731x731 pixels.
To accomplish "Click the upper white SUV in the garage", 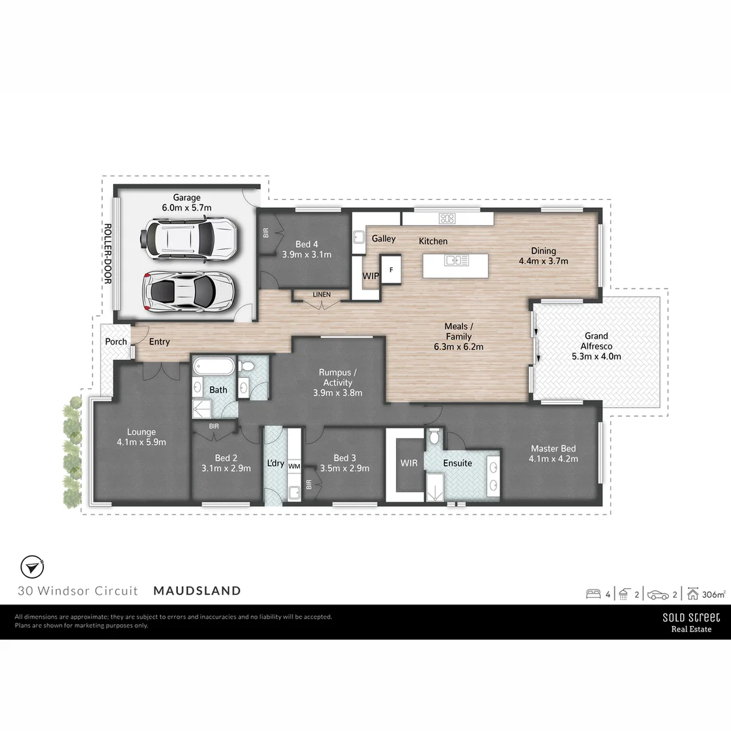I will tap(187, 238).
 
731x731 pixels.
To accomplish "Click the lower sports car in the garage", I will tap(187, 291).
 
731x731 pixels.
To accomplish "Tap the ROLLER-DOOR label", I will tap(107, 253).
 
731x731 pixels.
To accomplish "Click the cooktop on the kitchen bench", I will tap(447, 218).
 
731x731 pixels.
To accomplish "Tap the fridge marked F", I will tap(390, 269).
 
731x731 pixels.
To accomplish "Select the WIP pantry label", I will tap(370, 276).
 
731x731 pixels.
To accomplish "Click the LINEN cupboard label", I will tap(322, 294).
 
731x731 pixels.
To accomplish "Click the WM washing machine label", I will tap(294, 466).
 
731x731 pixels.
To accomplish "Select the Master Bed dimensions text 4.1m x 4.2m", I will tap(554, 459).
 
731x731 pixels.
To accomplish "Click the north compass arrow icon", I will tap(31, 567).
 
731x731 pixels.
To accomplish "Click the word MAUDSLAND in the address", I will tap(197, 590).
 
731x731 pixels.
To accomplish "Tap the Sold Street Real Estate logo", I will tap(691, 622).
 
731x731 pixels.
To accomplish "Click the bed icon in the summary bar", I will tap(594, 594).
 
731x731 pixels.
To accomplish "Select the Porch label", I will tap(116, 342).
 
